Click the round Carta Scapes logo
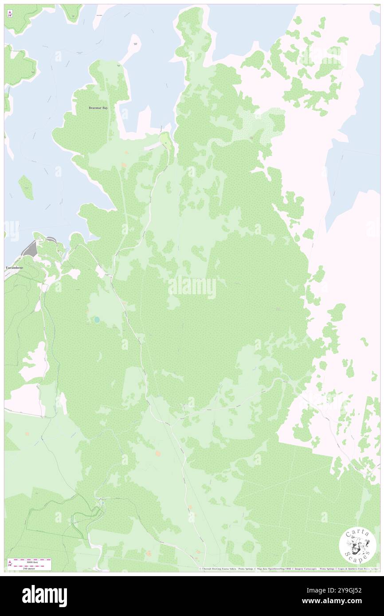357,546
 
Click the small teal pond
96,319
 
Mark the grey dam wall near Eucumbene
30,249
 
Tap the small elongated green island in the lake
26,187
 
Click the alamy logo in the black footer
44,596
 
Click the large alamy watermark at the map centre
192,288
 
